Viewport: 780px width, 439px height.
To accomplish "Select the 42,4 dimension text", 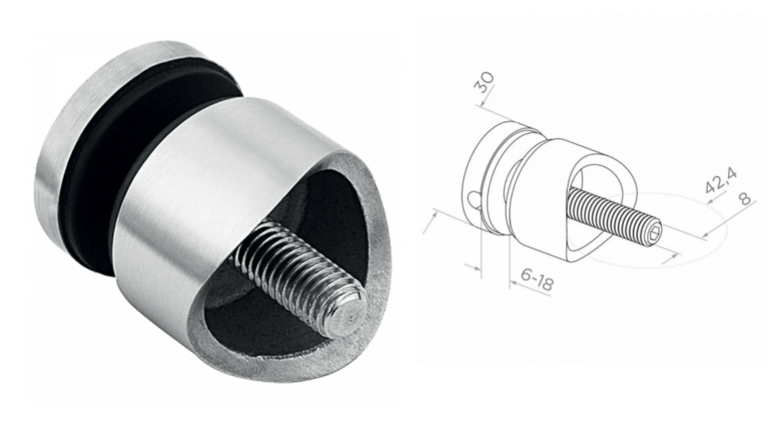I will click(x=716, y=180).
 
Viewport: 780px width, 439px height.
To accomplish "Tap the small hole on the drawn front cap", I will click(x=475, y=196).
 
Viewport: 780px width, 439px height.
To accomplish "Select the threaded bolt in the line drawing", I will click(x=613, y=213).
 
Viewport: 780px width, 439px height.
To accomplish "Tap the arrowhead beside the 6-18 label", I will click(x=513, y=284).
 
